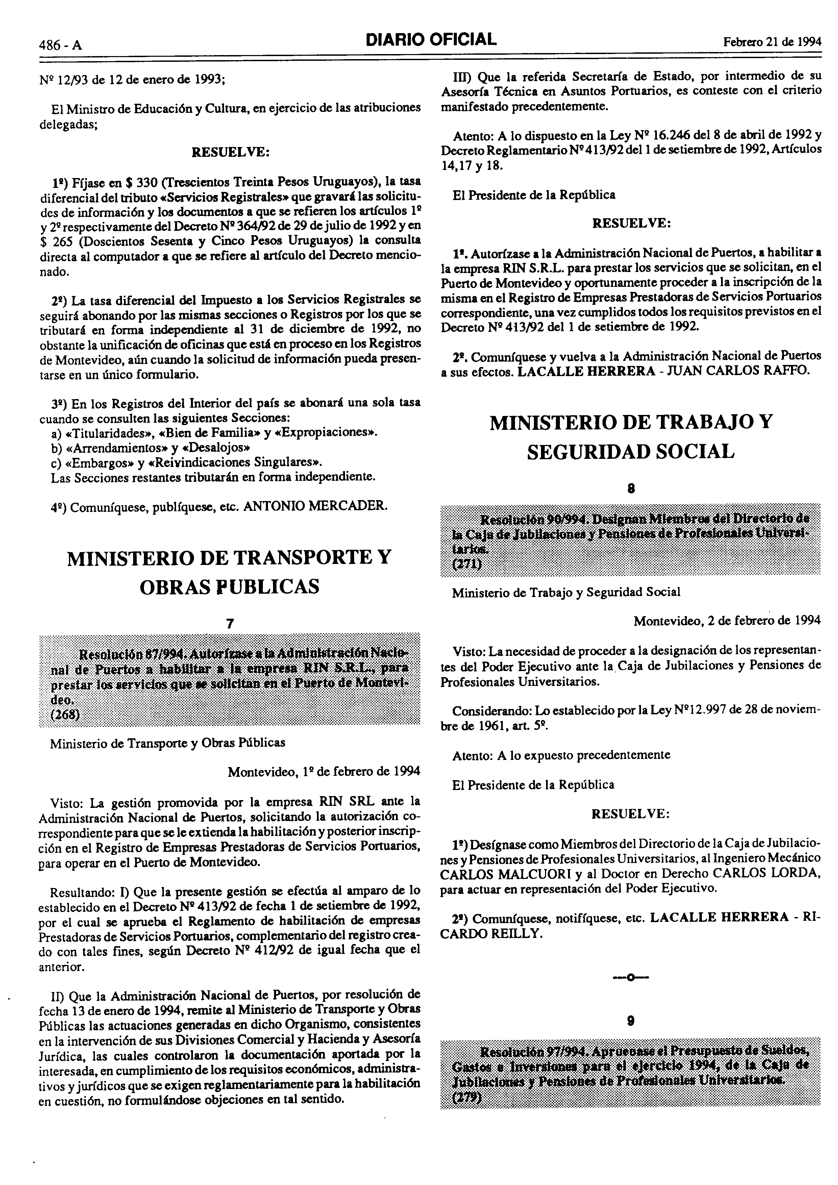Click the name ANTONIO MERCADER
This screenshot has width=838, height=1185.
point(315,506)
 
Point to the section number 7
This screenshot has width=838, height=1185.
point(230,623)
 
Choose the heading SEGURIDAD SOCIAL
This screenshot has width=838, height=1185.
point(631,452)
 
